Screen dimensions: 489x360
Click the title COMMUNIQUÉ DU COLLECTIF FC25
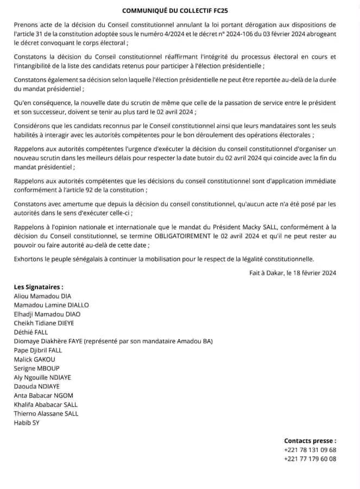click(x=180, y=10)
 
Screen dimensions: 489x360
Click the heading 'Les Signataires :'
click(x=39, y=287)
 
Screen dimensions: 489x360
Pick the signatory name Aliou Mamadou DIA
click(x=42, y=296)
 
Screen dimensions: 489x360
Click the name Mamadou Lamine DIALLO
click(x=52, y=305)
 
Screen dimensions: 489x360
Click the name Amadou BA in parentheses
click(x=195, y=341)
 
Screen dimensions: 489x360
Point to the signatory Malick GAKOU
click(x=35, y=359)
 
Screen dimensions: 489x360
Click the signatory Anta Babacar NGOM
click(x=43, y=396)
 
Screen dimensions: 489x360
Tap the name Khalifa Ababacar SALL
click(x=46, y=404)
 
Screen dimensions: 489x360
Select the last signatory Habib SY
click(x=27, y=422)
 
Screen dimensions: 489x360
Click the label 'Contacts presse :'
click(x=310, y=441)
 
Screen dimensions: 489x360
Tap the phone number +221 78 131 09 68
click(x=310, y=450)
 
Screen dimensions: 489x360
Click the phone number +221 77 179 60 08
click(x=310, y=459)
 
